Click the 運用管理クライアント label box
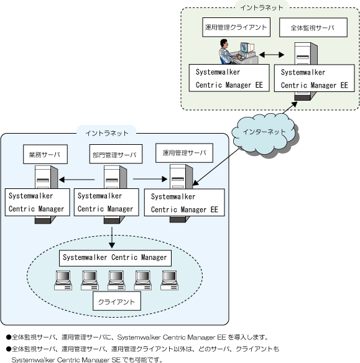(236, 27)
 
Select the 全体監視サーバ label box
(313, 27)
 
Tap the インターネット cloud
(264, 134)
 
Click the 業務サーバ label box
(45, 154)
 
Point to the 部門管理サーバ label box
(116, 154)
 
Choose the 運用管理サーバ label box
(184, 153)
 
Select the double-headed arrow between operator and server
(272, 55)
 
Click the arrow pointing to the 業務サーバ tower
(77, 180)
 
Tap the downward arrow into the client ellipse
(112, 237)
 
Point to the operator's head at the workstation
(224, 43)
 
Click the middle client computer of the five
(116, 280)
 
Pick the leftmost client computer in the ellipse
(63, 280)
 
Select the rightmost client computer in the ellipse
(170, 280)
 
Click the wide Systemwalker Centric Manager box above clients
(115, 258)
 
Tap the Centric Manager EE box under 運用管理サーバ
(185, 203)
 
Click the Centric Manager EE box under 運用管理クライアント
(229, 78)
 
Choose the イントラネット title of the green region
(262, 7)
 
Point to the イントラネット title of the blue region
(107, 133)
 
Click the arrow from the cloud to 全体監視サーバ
(290, 108)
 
